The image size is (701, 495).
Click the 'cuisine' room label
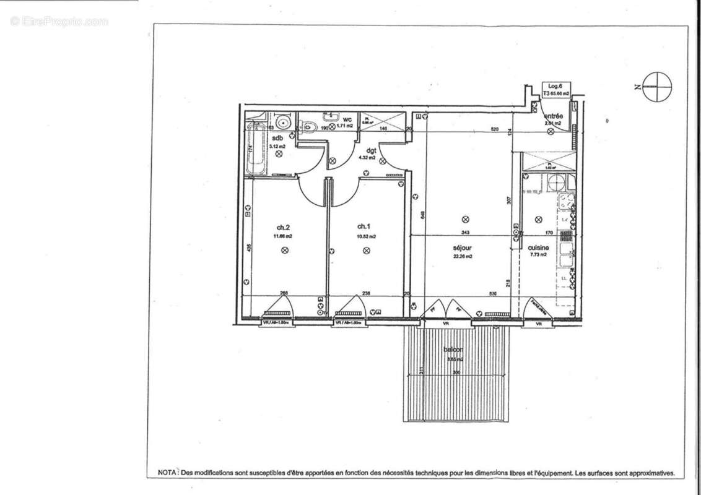538,247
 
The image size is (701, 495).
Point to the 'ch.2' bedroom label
283,226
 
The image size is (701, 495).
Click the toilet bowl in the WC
310,127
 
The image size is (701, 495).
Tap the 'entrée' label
552,116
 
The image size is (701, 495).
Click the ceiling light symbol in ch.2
284,250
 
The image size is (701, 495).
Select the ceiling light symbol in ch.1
367,250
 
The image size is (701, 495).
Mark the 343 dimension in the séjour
466,233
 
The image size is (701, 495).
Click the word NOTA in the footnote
166,473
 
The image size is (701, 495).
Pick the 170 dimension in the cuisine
548,233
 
